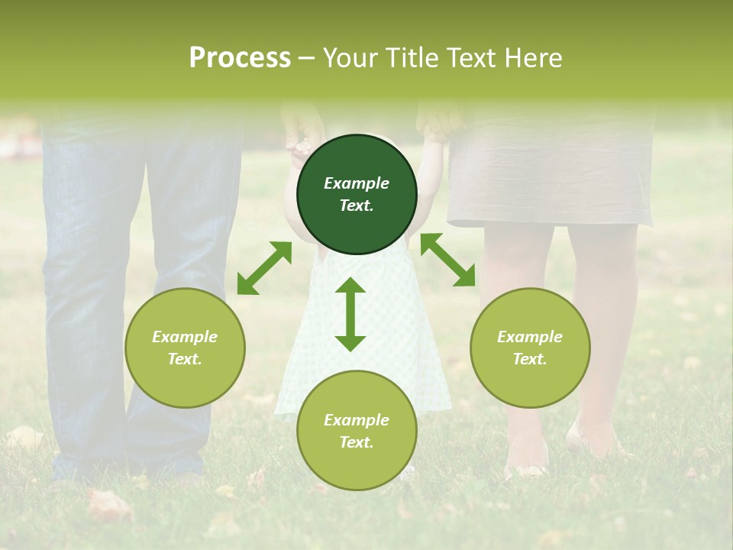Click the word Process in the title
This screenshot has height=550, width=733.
point(240,58)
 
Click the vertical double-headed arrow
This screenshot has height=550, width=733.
point(350,314)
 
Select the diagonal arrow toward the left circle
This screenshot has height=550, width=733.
point(264,268)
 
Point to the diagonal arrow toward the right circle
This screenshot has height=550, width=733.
point(447,260)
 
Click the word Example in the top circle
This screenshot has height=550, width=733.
point(357,183)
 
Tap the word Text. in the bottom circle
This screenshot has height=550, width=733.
point(357,442)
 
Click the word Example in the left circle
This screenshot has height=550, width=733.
point(185,337)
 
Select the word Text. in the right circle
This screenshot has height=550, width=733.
point(530,359)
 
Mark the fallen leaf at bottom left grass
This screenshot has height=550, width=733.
point(108,504)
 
